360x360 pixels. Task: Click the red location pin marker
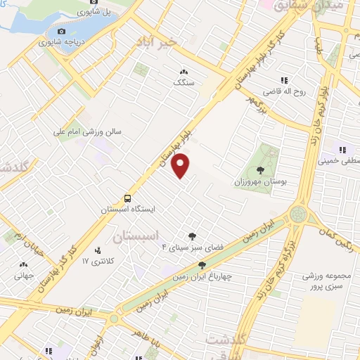click(x=181, y=166)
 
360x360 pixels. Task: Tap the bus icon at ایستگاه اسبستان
click(x=128, y=198)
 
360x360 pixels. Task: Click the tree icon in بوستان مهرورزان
click(x=261, y=169)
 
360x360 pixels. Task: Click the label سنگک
click(x=184, y=82)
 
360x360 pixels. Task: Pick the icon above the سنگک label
click(x=184, y=71)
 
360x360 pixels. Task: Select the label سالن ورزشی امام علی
click(x=90, y=131)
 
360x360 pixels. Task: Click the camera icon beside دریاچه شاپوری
click(x=61, y=32)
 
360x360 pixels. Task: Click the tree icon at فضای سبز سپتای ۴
click(x=192, y=236)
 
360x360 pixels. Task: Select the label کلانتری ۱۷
click(x=97, y=262)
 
